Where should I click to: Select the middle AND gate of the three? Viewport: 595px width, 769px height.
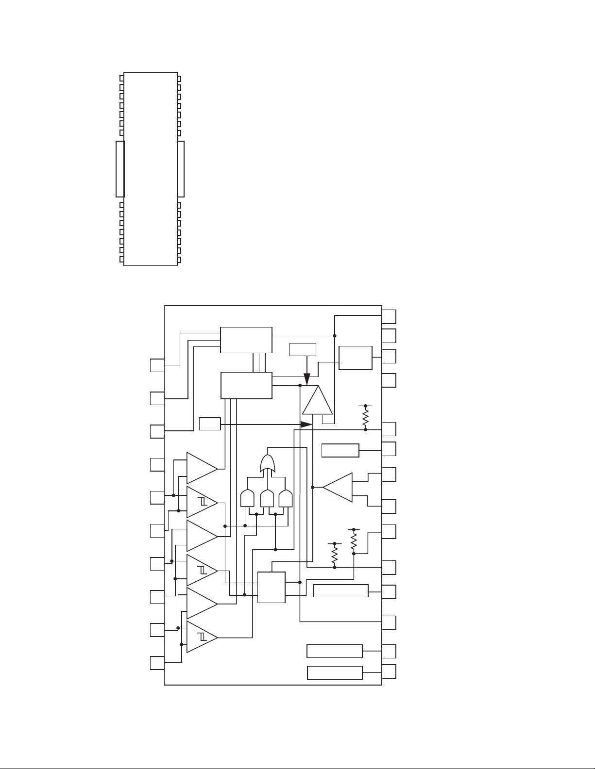click(x=267, y=499)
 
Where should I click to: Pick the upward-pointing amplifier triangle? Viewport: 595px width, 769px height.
click(x=318, y=402)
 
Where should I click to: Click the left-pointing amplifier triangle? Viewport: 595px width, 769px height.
click(x=339, y=487)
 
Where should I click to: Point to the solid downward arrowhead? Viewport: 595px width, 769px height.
click(x=306, y=377)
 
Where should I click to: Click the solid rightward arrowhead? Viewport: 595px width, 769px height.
click(x=306, y=424)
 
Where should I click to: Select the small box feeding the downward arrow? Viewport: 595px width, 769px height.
click(x=303, y=349)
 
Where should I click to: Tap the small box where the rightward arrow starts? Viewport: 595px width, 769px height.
click(x=210, y=424)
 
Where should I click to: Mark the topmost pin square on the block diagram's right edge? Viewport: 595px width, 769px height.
click(x=389, y=316)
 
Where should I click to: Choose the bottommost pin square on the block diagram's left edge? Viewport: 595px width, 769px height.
click(x=157, y=663)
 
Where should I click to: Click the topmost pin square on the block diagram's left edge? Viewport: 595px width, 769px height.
click(x=157, y=365)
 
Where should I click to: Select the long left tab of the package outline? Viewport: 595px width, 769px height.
click(x=120, y=169)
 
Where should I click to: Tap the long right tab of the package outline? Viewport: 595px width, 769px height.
click(x=181, y=169)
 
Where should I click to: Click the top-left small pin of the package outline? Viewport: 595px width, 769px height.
click(x=121, y=78)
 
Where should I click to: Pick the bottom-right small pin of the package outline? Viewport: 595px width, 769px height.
click(x=179, y=260)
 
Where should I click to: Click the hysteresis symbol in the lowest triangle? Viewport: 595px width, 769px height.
click(x=202, y=637)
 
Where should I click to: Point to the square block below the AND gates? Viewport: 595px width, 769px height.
click(x=271, y=587)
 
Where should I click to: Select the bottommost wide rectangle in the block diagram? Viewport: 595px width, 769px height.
click(x=335, y=673)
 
